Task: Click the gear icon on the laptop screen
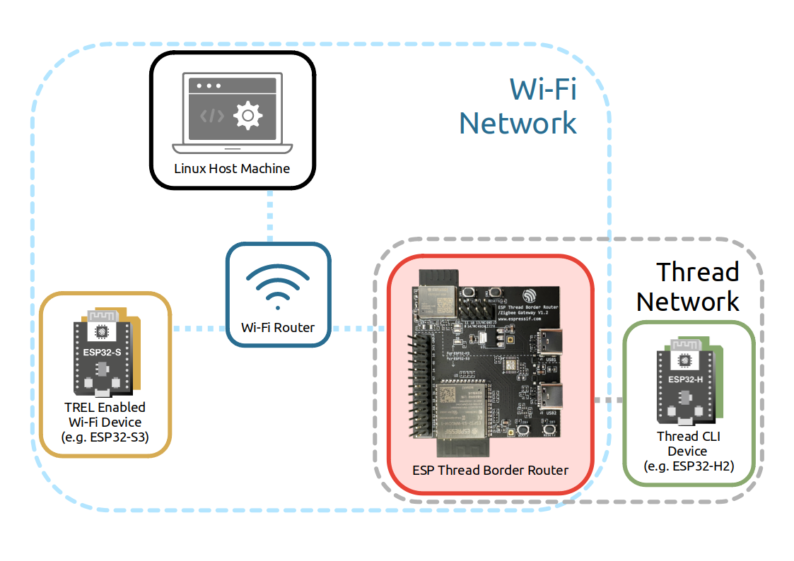(x=248, y=115)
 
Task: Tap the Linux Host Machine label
(x=233, y=168)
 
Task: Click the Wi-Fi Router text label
(x=278, y=327)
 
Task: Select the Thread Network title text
(x=688, y=286)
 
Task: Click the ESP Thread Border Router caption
(x=490, y=470)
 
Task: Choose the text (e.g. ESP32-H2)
(x=688, y=466)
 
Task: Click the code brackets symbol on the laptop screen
(x=212, y=115)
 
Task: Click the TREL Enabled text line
(x=105, y=407)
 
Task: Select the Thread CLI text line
(x=688, y=437)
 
